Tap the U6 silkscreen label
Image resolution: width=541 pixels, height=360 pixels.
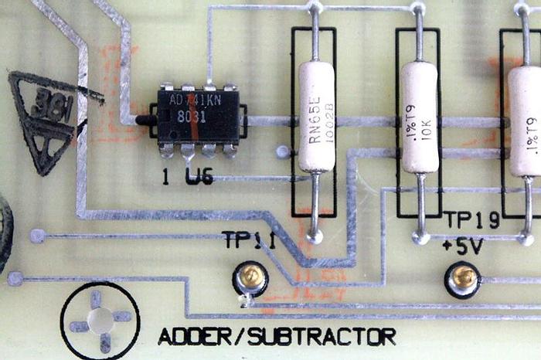pyautogui.click(x=199, y=176)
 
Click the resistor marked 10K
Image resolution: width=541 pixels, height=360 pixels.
pyautogui.click(x=419, y=117)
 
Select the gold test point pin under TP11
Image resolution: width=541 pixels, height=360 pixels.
pyautogui.click(x=250, y=277)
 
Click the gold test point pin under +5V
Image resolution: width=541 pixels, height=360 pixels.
pyautogui.click(x=462, y=277)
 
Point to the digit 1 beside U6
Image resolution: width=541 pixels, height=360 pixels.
pyautogui.click(x=165, y=176)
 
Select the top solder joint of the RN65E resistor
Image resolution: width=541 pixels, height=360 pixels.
pyautogui.click(x=314, y=8)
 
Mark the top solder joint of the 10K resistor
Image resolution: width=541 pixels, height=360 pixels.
pyautogui.click(x=418, y=8)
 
